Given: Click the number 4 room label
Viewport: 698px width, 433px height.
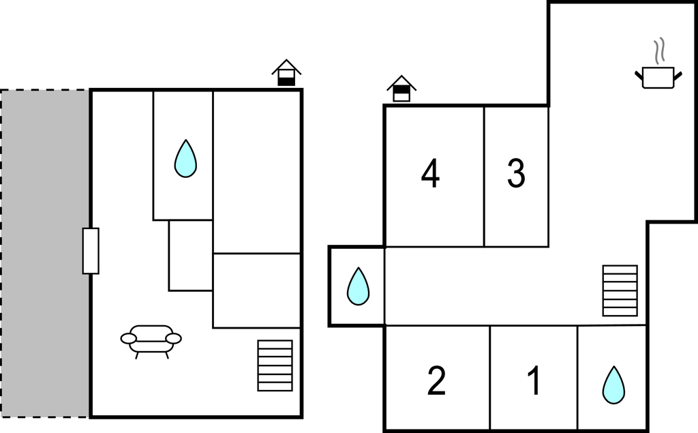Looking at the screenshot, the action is (x=431, y=174).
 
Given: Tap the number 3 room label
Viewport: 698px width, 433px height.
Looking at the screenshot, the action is (x=517, y=173).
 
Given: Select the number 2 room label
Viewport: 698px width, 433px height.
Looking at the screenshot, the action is (x=436, y=380).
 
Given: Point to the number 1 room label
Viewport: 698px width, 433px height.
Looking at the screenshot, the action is (x=534, y=380).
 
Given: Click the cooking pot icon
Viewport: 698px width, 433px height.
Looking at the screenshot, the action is (x=658, y=78).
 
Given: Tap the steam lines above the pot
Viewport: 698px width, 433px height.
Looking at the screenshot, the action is (x=659, y=50).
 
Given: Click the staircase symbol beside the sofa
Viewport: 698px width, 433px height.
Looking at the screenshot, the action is (x=275, y=365).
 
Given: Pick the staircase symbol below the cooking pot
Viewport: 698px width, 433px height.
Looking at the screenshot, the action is (x=620, y=291).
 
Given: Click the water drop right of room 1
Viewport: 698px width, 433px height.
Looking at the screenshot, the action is (x=614, y=386).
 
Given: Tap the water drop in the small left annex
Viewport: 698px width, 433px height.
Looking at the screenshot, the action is (x=359, y=286).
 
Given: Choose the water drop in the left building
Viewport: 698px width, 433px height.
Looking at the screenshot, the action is (x=185, y=159).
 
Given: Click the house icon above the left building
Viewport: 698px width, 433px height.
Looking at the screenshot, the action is (x=287, y=72).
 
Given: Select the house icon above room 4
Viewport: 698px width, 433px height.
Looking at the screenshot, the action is (x=401, y=89).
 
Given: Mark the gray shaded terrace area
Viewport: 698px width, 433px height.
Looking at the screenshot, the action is (x=44, y=254).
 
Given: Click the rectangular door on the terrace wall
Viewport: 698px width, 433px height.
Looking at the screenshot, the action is (x=91, y=251).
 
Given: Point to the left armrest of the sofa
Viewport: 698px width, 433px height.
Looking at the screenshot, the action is (x=129, y=339).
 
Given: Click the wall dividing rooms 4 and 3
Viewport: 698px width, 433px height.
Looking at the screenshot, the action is (x=484, y=177).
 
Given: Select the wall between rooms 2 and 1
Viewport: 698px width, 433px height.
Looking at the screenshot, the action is (x=490, y=378).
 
